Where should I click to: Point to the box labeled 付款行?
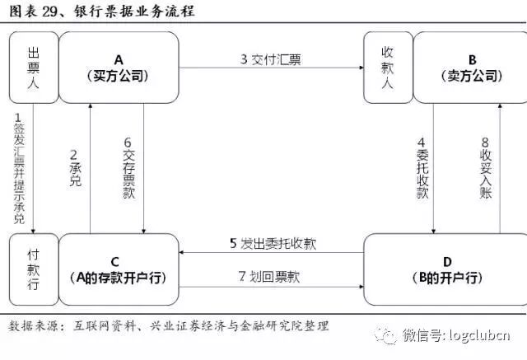(x=33, y=269)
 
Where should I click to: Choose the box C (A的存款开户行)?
(x=119, y=269)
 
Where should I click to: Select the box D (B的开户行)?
(x=445, y=269)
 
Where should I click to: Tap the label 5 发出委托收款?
(x=273, y=243)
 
